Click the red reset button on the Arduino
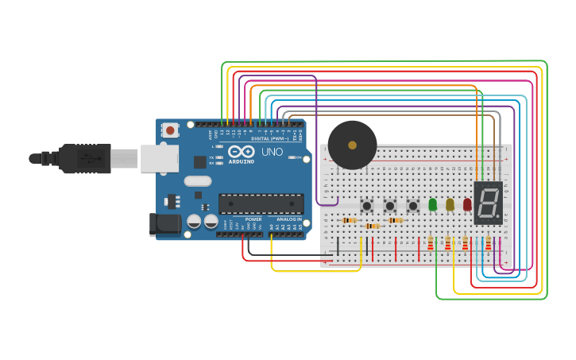[170, 130]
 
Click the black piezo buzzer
[352, 145]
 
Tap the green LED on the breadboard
[432, 204]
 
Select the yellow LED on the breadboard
[450, 204]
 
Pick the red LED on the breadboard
[467, 204]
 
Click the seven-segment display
[489, 203]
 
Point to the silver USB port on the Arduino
[159, 158]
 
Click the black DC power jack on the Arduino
[165, 224]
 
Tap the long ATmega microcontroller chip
[261, 203]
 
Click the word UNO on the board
[272, 152]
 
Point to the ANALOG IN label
[288, 219]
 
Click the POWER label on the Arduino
[253, 219]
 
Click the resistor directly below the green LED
[431, 243]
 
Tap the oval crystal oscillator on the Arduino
[198, 181]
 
